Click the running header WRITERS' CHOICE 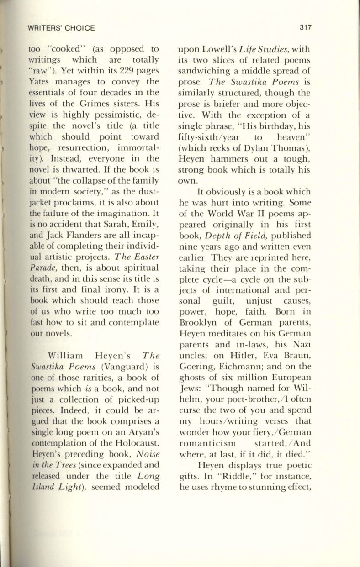click(60, 28)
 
